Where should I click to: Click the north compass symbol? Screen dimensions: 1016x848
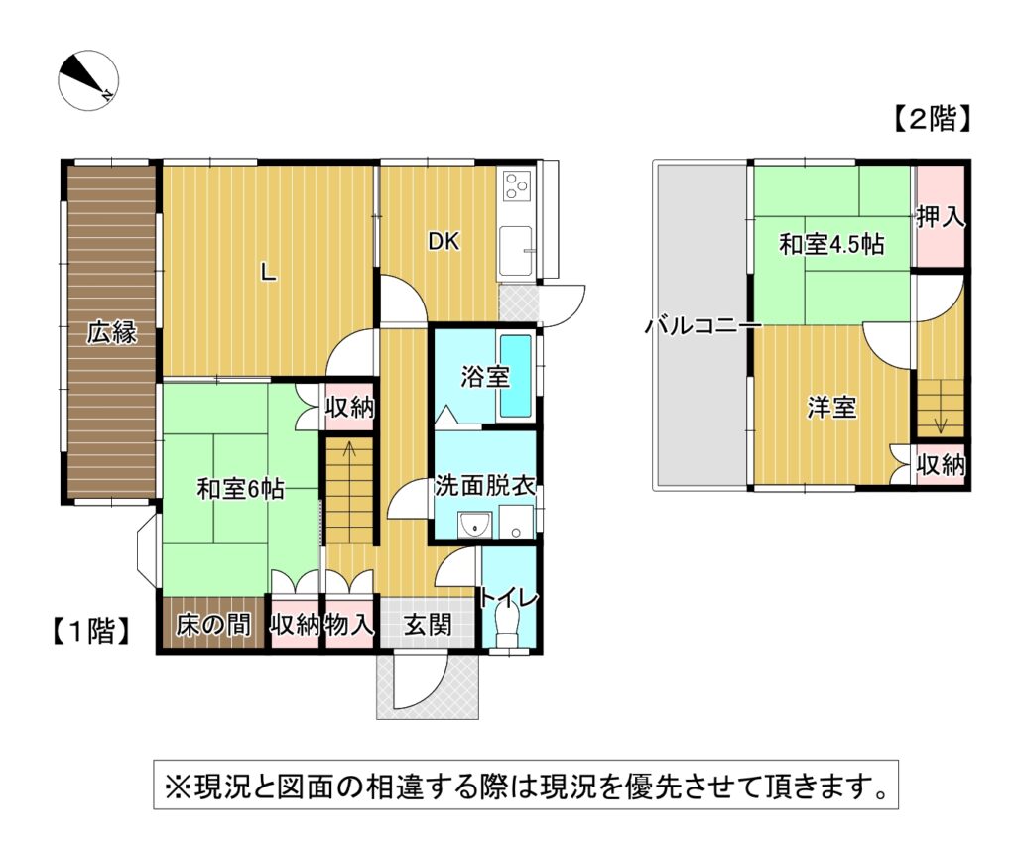coord(88,80)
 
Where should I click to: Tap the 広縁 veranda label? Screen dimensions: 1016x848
coord(112,332)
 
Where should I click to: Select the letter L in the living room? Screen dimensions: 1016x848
coord(268,272)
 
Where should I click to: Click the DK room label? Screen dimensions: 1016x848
coord(444,242)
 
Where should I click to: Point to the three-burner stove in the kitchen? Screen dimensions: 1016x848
coord(516,185)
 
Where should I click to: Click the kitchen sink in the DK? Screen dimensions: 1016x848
coord(516,250)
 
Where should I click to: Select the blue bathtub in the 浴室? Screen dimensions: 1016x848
coord(516,376)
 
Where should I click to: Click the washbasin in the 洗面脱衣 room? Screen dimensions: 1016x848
coord(475,526)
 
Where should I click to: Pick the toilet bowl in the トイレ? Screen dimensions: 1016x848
coord(506,621)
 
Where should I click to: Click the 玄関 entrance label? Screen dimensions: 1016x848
coord(428,625)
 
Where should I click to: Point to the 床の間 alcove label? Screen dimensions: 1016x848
coord(212,625)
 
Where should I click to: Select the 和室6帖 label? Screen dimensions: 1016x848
coord(240,488)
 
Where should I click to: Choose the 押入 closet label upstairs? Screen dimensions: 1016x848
coord(941,216)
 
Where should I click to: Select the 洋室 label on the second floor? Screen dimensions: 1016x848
coord(832,408)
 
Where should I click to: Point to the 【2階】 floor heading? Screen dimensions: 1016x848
coord(932,118)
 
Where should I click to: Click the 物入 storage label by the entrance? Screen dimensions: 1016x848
coord(349,625)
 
